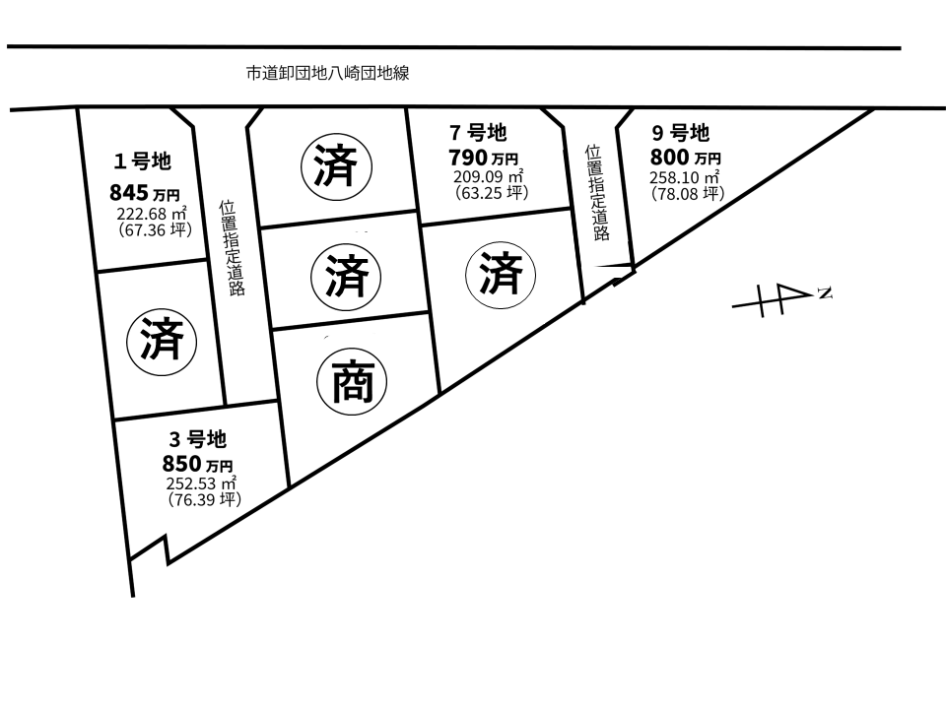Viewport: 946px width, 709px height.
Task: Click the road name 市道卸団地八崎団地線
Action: pos(327,74)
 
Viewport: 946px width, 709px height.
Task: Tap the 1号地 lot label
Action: pos(142,161)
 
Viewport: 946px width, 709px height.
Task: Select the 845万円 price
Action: pos(144,193)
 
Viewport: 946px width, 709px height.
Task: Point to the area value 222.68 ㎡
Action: pos(152,214)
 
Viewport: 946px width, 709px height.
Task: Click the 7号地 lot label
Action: pos(478,132)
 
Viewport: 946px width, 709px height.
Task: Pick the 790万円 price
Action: pos(483,158)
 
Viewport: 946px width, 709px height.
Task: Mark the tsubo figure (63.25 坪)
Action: pos(491,192)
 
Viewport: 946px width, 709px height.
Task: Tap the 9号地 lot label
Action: pos(681,132)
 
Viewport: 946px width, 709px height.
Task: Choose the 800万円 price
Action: pos(686,158)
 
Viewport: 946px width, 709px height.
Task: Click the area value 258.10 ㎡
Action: pos(684,177)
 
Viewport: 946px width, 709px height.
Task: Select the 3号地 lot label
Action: pos(197,439)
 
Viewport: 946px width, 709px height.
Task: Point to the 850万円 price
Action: pos(197,464)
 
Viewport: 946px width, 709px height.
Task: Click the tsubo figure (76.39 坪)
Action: pos(205,500)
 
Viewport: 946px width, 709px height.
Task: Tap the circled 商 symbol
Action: pos(352,382)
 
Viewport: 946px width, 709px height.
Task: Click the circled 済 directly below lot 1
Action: pos(162,342)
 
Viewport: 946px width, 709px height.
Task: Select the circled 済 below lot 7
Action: pos(501,275)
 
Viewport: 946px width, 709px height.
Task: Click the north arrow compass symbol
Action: pos(781,299)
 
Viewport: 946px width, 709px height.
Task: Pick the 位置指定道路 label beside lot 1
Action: pos(233,248)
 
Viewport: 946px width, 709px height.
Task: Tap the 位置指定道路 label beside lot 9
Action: pos(597,193)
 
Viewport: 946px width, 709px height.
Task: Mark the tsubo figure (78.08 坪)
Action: pos(688,194)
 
